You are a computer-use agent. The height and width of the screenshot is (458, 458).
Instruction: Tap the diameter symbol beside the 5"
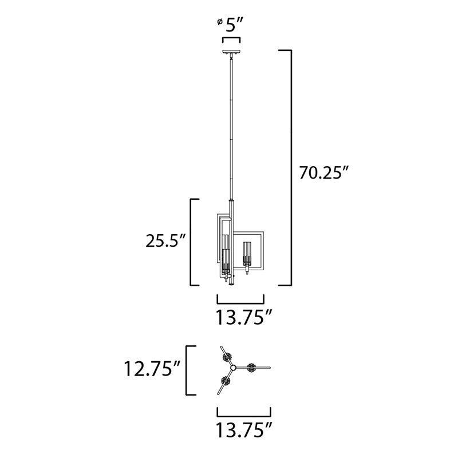[x=220, y=22]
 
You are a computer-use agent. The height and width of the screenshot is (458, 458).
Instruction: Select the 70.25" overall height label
[x=324, y=173]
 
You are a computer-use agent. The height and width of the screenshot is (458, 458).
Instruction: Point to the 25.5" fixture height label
[x=165, y=241]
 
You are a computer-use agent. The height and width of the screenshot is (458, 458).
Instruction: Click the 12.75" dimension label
[x=152, y=369]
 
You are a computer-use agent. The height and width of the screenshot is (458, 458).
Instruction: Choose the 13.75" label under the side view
[x=244, y=317]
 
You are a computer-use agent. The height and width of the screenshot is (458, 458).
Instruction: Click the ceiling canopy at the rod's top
[x=231, y=52]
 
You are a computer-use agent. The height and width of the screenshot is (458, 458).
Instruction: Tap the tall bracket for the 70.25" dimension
[x=291, y=168]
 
